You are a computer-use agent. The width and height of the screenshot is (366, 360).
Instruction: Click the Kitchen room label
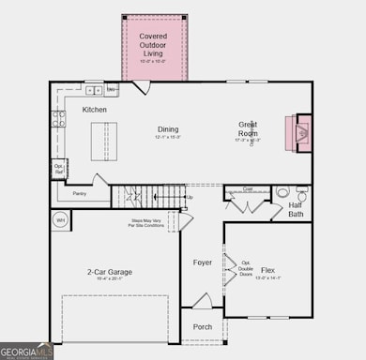pyautogui.click(x=94, y=110)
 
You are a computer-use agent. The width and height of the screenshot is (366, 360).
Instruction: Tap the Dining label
pyautogui.click(x=167, y=129)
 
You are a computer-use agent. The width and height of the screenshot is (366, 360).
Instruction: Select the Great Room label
pyautogui.click(x=249, y=129)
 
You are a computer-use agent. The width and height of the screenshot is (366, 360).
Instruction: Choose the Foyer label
pyautogui.click(x=203, y=262)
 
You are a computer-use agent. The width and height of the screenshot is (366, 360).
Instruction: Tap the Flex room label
pyautogui.click(x=268, y=269)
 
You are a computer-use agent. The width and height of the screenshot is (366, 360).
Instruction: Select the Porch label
pyautogui.click(x=203, y=327)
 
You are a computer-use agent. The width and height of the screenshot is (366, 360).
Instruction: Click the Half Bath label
pyautogui.click(x=296, y=209)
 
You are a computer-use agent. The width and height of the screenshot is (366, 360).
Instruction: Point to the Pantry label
pyautogui.click(x=78, y=194)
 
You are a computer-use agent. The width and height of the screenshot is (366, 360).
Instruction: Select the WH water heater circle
pyautogui.click(x=61, y=221)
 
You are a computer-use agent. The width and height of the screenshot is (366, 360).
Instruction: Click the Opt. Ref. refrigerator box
pyautogui.click(x=57, y=171)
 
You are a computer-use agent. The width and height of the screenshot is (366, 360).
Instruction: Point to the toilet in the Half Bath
pyautogui.click(x=282, y=195)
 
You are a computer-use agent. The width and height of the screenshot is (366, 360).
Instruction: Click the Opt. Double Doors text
pyautogui.click(x=246, y=267)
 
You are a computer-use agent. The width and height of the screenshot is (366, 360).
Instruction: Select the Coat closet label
pyautogui.click(x=247, y=188)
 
